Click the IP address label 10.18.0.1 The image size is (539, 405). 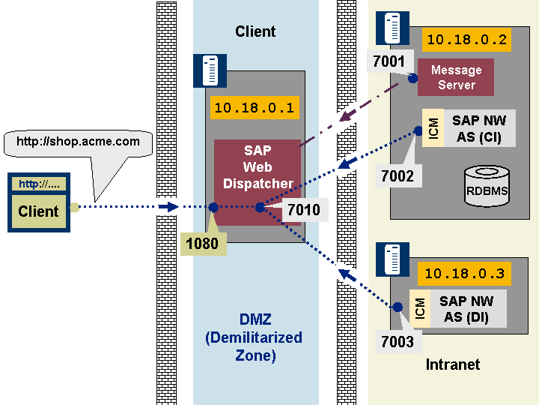pyautogui.click(x=255, y=108)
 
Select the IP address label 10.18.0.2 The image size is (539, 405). pyautogui.click(x=466, y=40)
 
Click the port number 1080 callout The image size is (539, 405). pyautogui.click(x=203, y=244)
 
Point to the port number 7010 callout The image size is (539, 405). pyautogui.click(x=303, y=210)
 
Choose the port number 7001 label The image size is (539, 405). pyautogui.click(x=389, y=61)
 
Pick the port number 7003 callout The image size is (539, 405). pyautogui.click(x=398, y=342)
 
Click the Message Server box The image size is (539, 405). pyautogui.click(x=456, y=77)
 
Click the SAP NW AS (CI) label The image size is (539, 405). pyautogui.click(x=478, y=129)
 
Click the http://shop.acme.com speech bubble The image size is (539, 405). pyautogui.click(x=78, y=141)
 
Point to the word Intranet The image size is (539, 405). pyautogui.click(x=452, y=365)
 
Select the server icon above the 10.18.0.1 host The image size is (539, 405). pyautogui.click(x=210, y=70)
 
